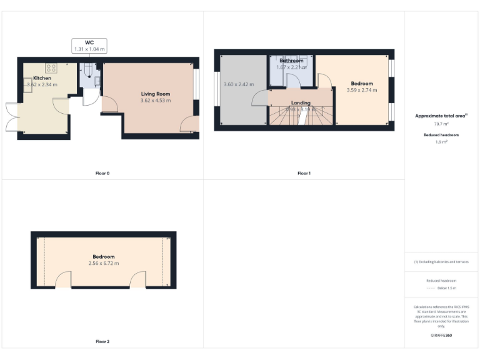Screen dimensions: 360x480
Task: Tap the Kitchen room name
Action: click(x=42, y=78)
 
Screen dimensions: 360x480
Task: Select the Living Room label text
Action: click(x=155, y=94)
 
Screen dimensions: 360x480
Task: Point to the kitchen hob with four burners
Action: click(x=51, y=68)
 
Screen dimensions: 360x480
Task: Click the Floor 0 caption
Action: click(x=103, y=173)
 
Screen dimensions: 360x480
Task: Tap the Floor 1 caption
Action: click(x=304, y=173)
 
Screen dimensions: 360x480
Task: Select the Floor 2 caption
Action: click(x=103, y=342)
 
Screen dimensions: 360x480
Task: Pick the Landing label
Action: click(x=301, y=102)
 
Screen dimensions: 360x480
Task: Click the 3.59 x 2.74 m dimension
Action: click(x=362, y=90)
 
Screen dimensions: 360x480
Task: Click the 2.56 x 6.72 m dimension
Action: click(x=104, y=263)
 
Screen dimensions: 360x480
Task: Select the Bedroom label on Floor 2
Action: click(x=104, y=257)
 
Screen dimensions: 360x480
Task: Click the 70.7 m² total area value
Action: click(x=441, y=125)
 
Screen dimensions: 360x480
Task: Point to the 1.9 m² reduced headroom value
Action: click(x=441, y=142)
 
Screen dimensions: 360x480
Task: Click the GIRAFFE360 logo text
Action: click(x=441, y=336)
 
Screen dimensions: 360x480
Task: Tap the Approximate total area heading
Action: click(x=441, y=116)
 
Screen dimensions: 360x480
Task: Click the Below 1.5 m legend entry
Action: click(x=446, y=288)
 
